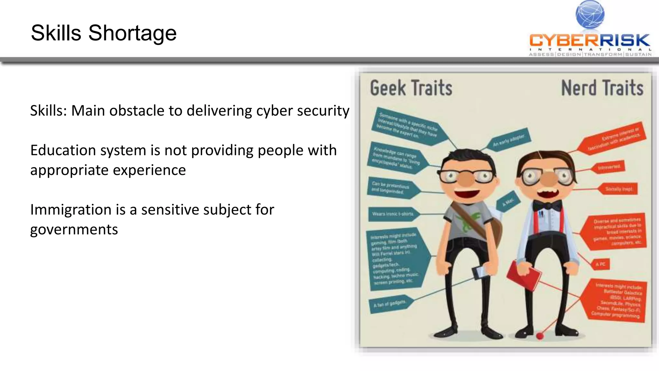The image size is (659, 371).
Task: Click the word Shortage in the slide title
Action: tap(132, 33)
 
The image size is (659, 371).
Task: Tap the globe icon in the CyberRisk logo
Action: tap(590, 14)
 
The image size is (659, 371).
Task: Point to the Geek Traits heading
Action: tap(411, 88)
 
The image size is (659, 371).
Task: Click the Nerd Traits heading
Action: tap(602, 88)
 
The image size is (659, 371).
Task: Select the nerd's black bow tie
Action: tap(547, 205)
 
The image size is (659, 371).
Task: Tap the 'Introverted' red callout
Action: tap(609, 167)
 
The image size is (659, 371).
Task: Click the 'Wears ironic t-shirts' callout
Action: tap(393, 214)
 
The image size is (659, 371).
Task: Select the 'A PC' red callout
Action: tap(600, 264)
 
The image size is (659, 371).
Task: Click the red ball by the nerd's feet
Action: tap(540, 336)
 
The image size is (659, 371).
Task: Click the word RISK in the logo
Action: tap(624, 41)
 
